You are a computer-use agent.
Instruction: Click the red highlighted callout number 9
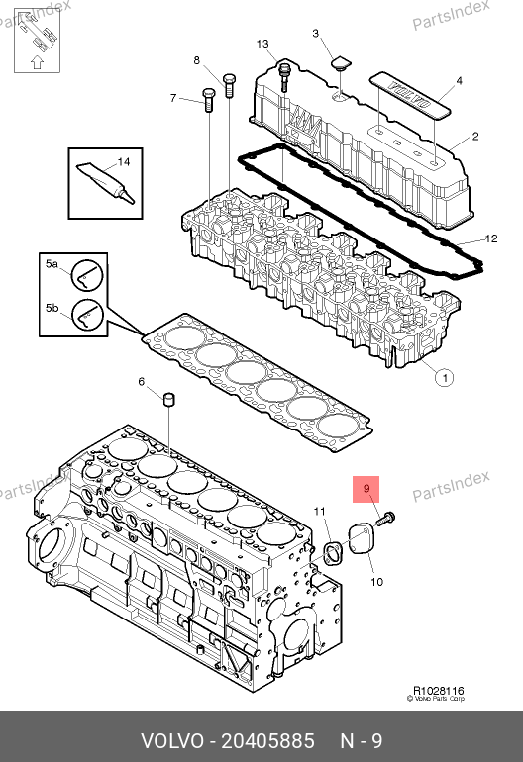click(x=366, y=489)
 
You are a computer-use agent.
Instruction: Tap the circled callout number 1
click(x=444, y=378)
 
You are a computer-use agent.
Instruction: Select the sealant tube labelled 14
click(x=105, y=182)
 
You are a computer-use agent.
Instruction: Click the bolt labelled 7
click(x=208, y=100)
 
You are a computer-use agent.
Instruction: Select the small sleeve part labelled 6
click(x=168, y=399)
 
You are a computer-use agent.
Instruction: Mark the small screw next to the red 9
click(x=385, y=519)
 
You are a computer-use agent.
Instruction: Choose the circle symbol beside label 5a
click(x=87, y=275)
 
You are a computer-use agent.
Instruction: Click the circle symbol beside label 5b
click(x=87, y=315)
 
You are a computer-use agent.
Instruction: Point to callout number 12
click(x=491, y=238)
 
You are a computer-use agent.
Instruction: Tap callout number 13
click(x=262, y=44)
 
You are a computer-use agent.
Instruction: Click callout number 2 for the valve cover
click(x=475, y=137)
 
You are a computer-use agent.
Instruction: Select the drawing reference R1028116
click(x=439, y=691)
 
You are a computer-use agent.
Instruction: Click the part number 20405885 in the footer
click(x=268, y=741)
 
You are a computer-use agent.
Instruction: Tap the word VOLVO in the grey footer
click(x=172, y=741)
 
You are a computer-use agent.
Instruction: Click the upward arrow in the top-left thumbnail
click(x=37, y=62)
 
